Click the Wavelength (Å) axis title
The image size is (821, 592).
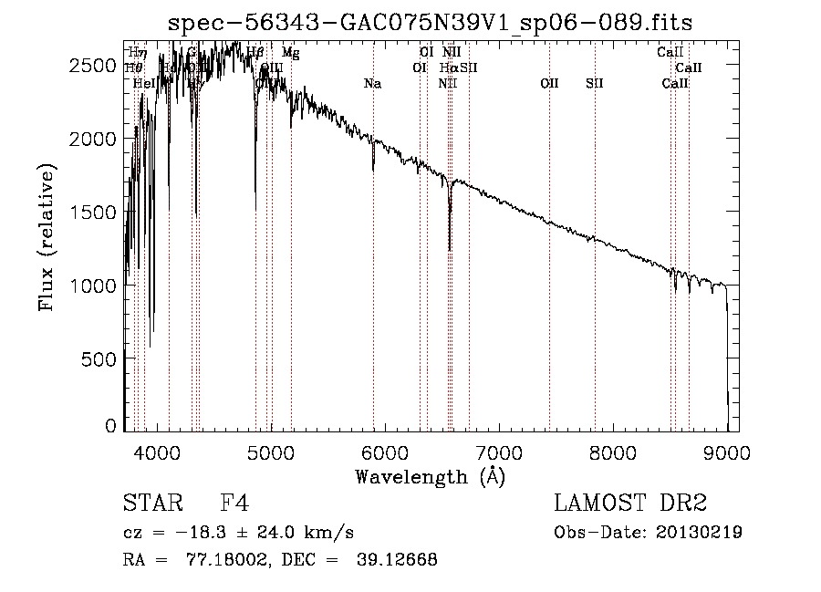click(430, 476)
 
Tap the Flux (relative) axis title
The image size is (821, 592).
click(47, 237)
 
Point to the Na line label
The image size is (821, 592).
click(372, 84)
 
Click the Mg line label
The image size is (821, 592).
click(290, 53)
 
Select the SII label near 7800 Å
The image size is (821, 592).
click(595, 84)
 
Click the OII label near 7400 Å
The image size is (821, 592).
click(549, 84)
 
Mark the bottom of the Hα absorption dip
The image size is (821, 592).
click(449, 248)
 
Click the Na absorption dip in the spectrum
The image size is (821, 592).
click(373, 169)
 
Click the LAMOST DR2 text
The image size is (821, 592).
click(629, 504)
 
